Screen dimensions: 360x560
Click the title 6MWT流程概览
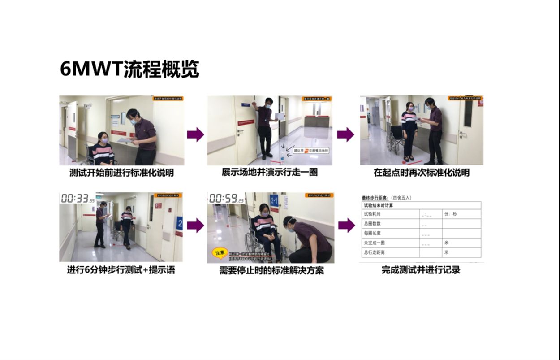129,69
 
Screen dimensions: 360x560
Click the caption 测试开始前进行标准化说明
121,172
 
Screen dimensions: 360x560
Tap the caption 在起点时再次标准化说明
422,172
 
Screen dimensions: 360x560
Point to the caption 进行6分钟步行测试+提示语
121,270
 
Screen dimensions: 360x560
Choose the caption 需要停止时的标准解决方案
271,270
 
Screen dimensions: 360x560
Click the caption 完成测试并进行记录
421,270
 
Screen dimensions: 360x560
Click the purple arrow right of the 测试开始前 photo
195,134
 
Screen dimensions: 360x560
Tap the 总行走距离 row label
374,252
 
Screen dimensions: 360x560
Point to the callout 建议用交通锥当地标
310,151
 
